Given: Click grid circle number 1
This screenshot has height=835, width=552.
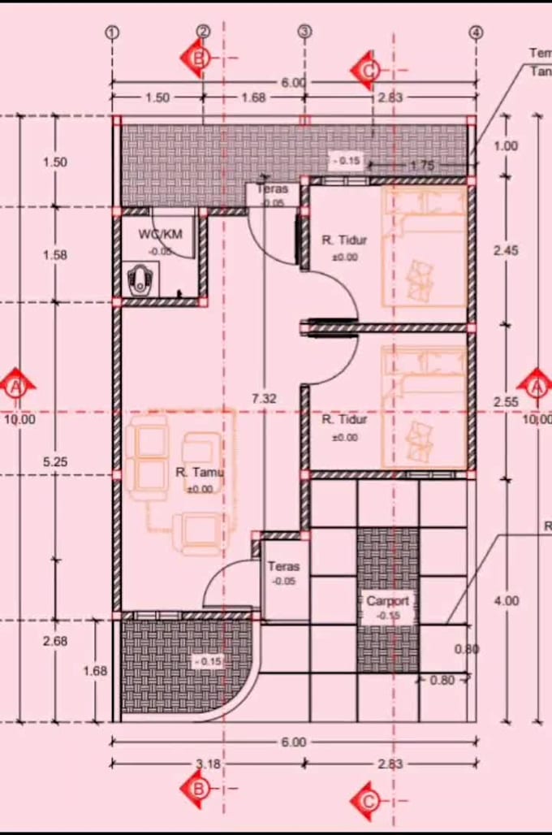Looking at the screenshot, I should coord(112,32).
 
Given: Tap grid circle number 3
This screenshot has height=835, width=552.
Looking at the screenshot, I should coord(304,32).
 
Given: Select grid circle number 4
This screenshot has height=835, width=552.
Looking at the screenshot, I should coord(476,32).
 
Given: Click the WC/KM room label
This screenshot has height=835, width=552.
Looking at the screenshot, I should coord(161,234).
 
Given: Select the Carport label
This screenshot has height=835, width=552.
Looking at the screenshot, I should coord(388,601).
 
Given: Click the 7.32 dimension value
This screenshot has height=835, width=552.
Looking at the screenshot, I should coord(265,399).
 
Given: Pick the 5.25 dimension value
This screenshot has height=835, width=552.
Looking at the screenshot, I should coord(55,461).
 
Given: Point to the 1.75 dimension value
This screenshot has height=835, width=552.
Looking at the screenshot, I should coord(422,166).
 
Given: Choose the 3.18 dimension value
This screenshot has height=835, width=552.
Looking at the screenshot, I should coord(209,764).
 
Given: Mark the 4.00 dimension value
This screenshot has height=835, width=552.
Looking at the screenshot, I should coord(506,601).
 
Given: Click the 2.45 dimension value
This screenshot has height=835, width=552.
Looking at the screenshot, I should coord(505,251).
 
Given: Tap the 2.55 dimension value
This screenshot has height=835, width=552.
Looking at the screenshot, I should coord(505,402).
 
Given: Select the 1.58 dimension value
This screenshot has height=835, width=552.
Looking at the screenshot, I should coord(55,255).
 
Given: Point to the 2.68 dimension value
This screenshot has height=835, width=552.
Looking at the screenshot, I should coord(55,641).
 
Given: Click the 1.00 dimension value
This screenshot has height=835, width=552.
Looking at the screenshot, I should coord(505,146).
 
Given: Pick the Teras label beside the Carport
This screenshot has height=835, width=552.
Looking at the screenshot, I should coord(283,567).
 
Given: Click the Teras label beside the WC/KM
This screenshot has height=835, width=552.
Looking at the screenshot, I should coord(272,189).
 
